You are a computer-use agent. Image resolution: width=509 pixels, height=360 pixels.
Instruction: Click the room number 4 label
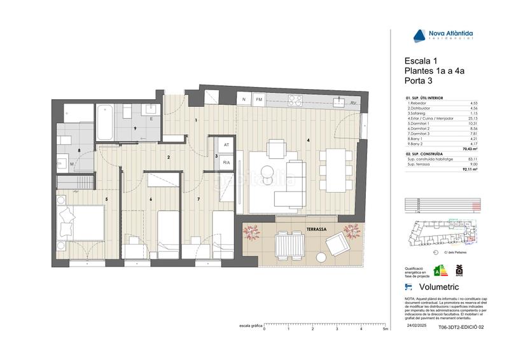click(x=309, y=140)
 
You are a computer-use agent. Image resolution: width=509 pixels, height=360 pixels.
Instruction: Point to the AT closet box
click(x=226, y=145)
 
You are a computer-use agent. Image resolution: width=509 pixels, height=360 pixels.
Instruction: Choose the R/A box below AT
click(x=226, y=162)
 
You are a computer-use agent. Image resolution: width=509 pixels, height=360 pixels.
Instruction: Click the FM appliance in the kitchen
click(x=259, y=100)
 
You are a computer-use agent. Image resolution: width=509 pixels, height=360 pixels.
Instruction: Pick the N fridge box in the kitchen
click(x=244, y=100)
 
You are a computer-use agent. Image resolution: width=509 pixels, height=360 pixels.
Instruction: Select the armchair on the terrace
click(x=337, y=244)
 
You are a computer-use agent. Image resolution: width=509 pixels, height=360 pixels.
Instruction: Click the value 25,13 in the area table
click(x=473, y=118)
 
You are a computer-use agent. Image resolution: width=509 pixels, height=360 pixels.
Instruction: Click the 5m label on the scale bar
click(x=386, y=329)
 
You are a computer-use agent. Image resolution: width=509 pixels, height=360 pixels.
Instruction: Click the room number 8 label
click(x=79, y=151)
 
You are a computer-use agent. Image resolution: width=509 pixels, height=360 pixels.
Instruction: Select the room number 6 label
click(x=150, y=200)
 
